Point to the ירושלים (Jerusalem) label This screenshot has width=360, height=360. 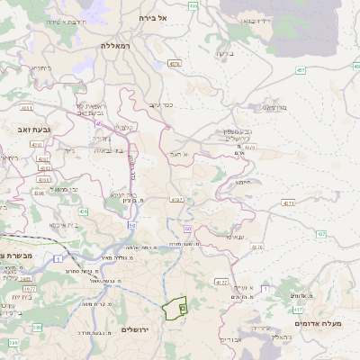[139, 330]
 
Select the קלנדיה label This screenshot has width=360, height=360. [123, 127]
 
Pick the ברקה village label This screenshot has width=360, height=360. [224, 54]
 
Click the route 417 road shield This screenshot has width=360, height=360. [298, 309]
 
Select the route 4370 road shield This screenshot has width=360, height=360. [220, 283]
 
